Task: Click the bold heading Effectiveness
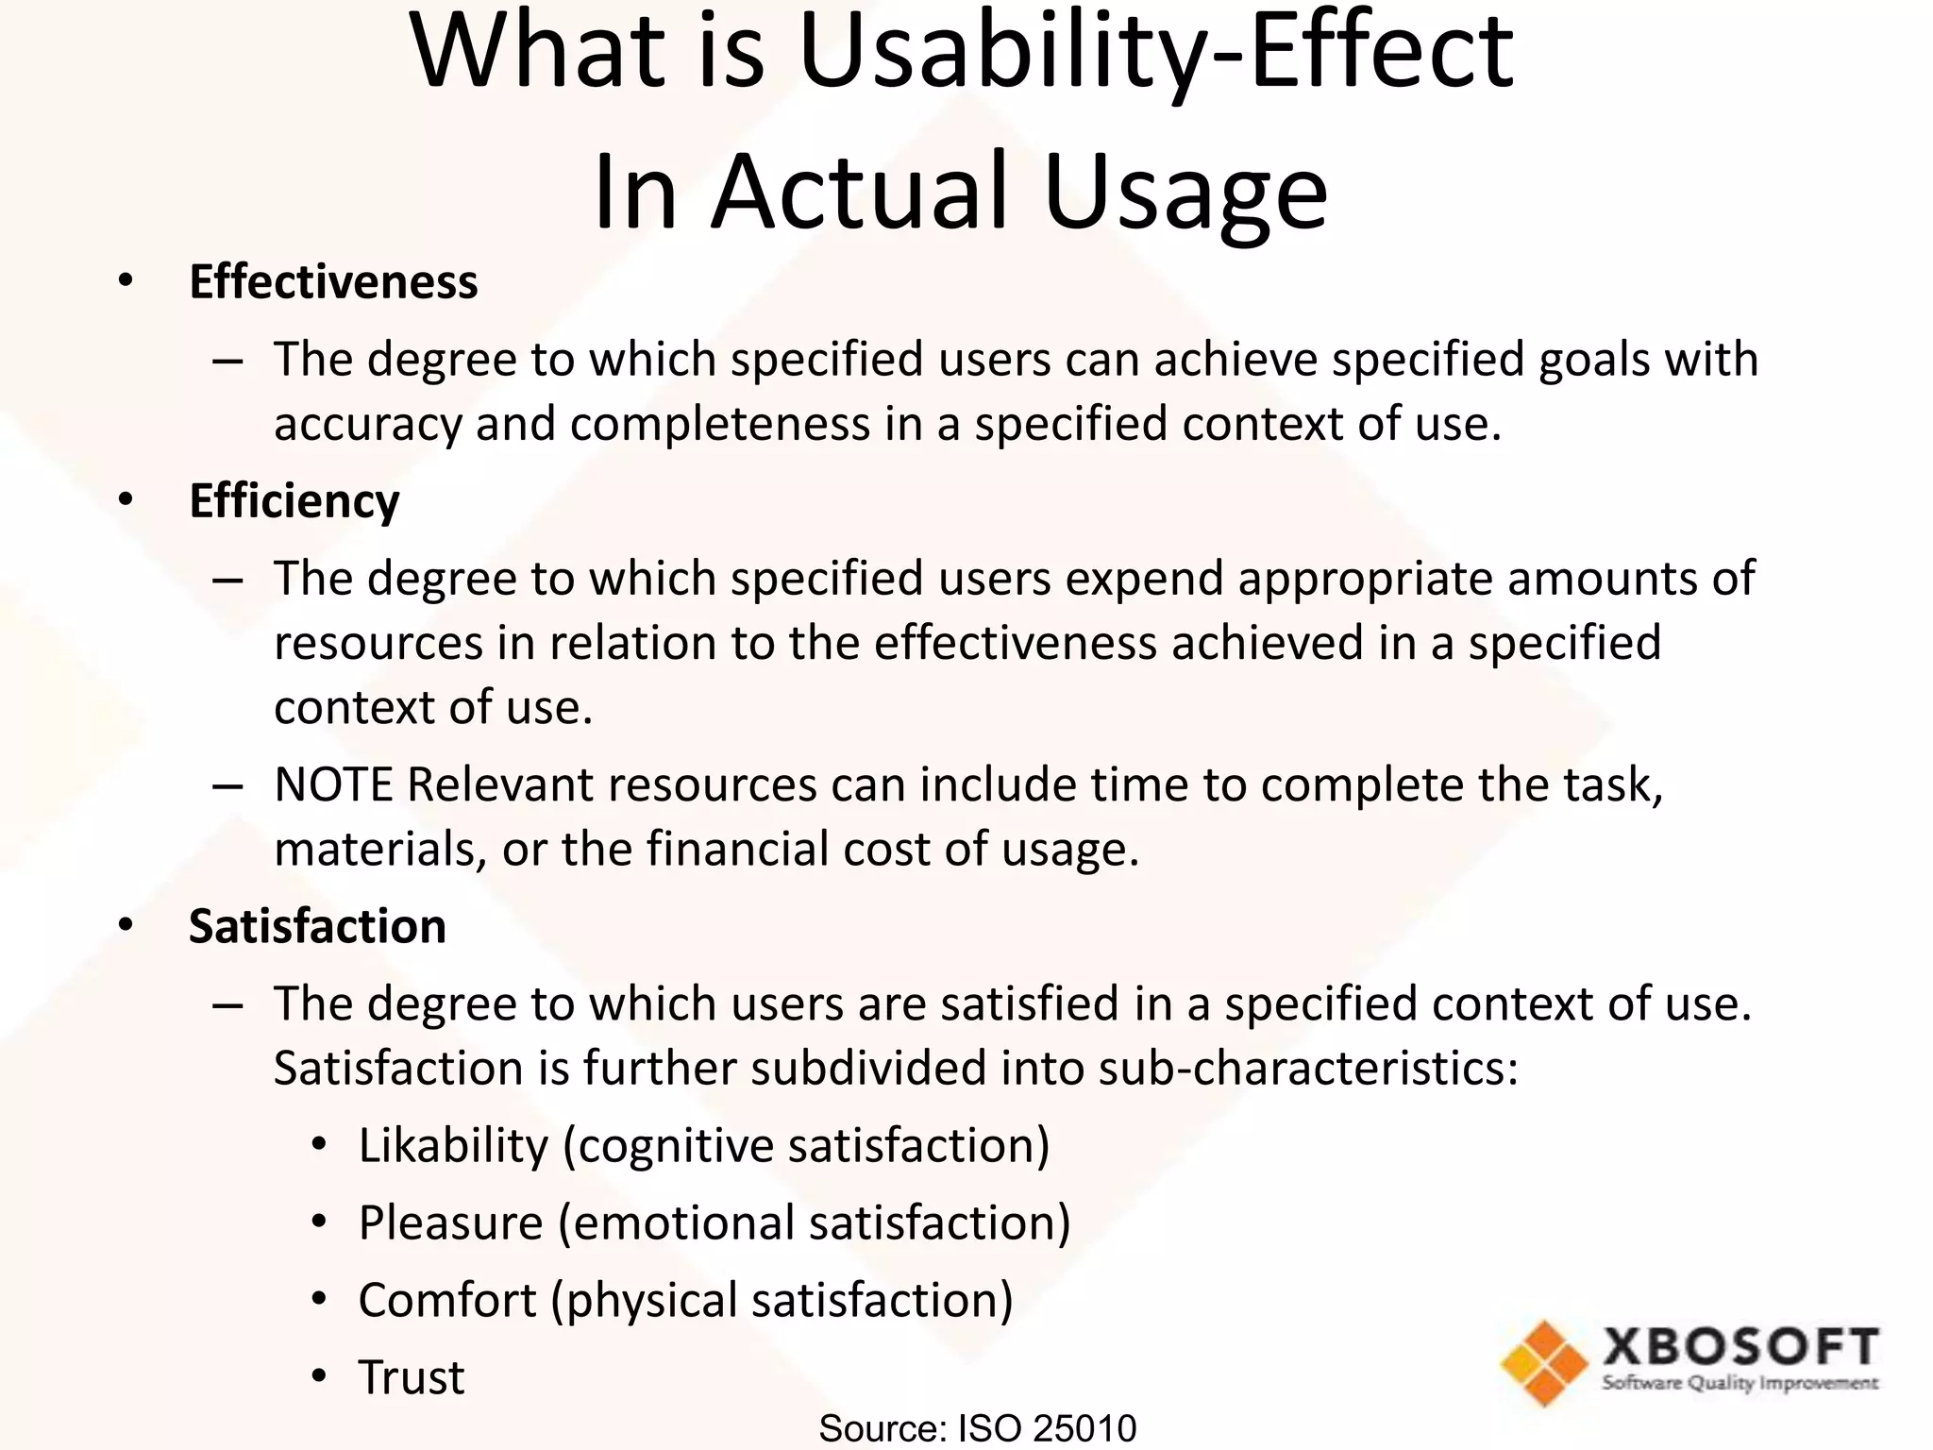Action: click(333, 282)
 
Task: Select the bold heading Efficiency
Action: click(294, 500)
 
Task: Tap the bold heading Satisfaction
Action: click(317, 926)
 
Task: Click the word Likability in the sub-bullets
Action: click(453, 1146)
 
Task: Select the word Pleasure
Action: click(451, 1223)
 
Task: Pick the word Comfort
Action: click(447, 1301)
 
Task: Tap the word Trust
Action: click(412, 1377)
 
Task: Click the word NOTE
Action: click(333, 785)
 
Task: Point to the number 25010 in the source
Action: click(1084, 1428)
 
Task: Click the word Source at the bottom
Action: click(881, 1428)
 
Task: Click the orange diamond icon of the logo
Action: click(1545, 1362)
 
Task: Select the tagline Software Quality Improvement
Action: click(1740, 1384)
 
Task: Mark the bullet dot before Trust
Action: click(319, 1377)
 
